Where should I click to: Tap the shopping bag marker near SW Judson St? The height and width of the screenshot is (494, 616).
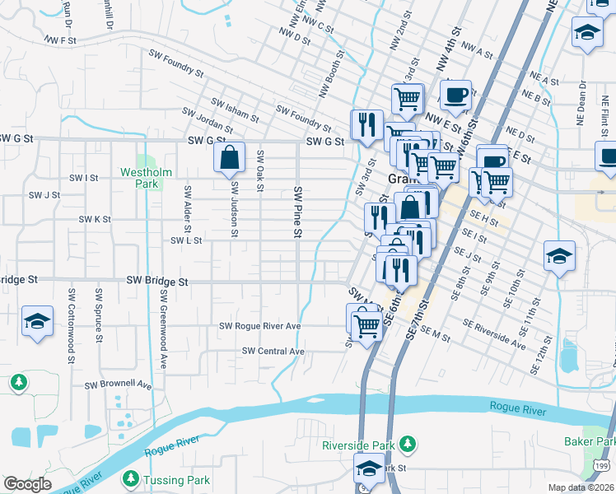[231, 157]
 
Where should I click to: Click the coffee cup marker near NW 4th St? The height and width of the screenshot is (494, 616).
[455, 94]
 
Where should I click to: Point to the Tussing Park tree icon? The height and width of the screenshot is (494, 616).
[129, 478]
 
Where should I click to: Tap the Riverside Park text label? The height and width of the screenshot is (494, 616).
[358, 445]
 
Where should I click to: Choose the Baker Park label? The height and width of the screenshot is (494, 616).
[589, 442]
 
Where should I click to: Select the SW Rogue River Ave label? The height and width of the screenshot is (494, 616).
[259, 326]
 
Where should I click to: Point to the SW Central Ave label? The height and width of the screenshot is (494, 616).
[273, 352]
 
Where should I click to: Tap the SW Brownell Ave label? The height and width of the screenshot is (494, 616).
[119, 384]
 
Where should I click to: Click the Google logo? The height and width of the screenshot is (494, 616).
[27, 484]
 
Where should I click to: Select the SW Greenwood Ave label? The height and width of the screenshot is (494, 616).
[164, 329]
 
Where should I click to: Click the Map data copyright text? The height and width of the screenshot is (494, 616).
[581, 487]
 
